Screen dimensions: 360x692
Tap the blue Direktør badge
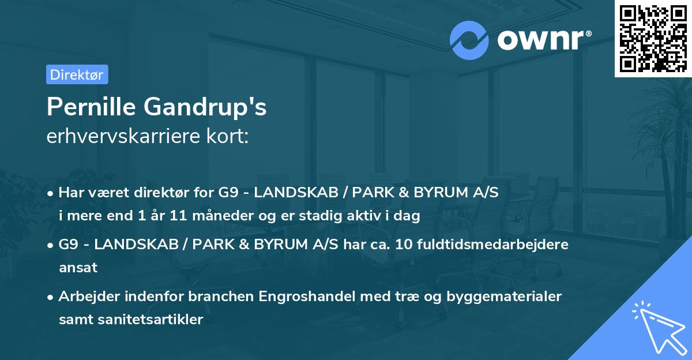coord(77,74)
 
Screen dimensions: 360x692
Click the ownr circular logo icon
coord(469,40)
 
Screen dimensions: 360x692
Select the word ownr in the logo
coord(542,40)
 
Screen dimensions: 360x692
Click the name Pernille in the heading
coord(92,107)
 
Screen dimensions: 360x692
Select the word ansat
coord(78,268)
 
